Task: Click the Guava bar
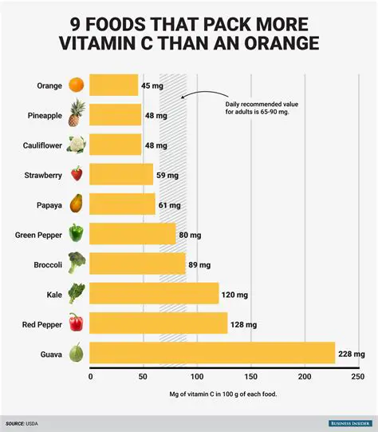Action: point(212,353)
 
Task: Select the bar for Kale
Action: point(154,293)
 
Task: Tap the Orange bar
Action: point(113,85)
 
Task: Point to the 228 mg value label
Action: point(352,354)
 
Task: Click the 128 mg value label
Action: point(244,323)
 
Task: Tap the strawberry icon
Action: point(77,174)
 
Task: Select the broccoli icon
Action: point(77,264)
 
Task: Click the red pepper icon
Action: point(77,323)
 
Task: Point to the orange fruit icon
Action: point(77,85)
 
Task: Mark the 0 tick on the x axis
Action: point(90,376)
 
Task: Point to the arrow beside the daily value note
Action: point(190,96)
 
